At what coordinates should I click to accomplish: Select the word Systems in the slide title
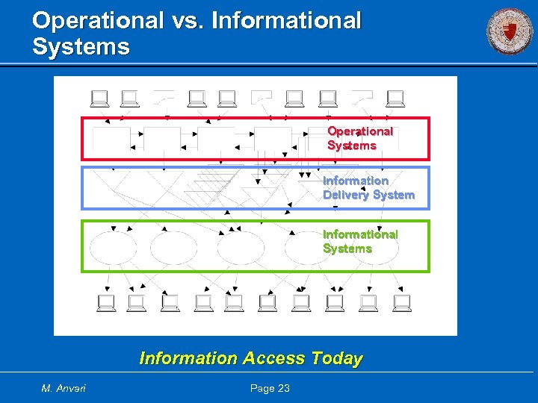coord(81,48)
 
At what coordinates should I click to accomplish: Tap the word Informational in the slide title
coord(286,21)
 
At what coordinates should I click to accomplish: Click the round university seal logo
coord(510,31)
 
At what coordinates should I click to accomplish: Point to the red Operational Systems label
coord(360,138)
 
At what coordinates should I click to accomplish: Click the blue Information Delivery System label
coord(368,188)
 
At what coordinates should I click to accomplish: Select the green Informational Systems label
coord(360,241)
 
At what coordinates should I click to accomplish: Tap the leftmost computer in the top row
coord(99,99)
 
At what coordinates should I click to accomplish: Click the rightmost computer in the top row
coord(395,99)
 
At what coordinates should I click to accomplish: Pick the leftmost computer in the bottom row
coord(106,302)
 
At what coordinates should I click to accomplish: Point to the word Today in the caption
coord(337,358)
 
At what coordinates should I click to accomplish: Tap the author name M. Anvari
coord(64,388)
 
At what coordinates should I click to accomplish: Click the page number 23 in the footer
coord(282,388)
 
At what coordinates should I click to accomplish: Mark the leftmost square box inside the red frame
coord(110,138)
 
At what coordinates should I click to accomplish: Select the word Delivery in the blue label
coord(348,195)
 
